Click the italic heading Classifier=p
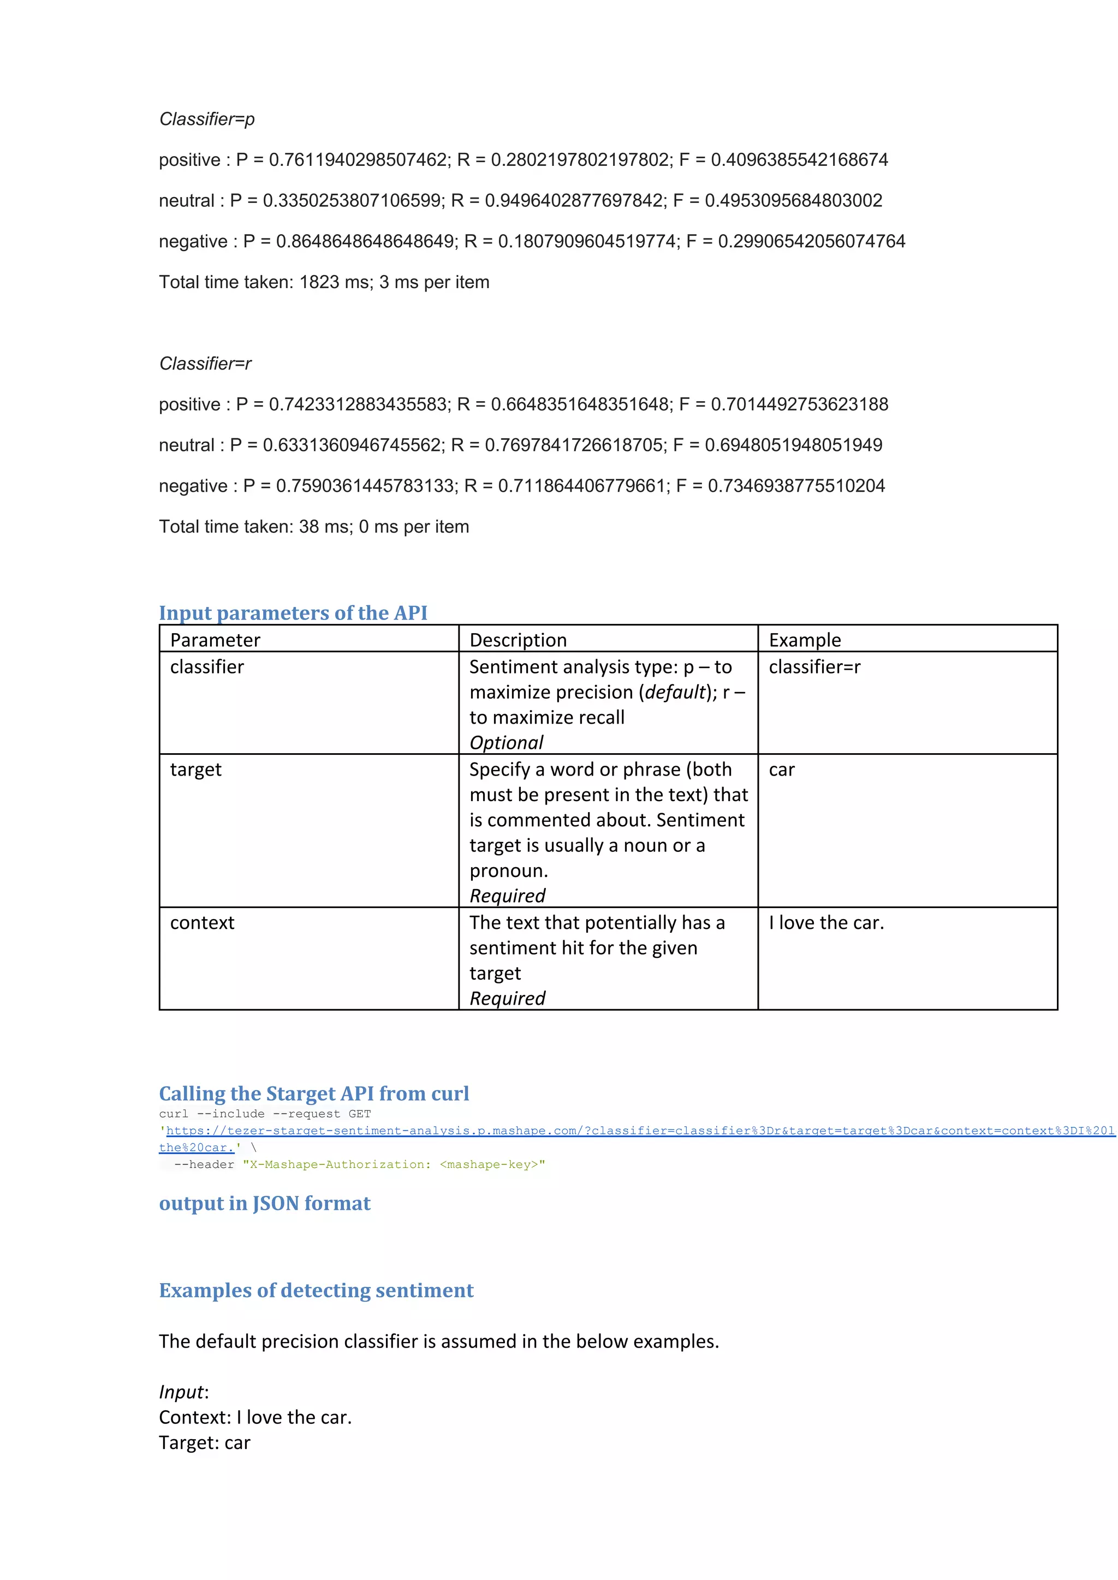(x=206, y=119)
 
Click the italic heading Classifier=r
(x=205, y=363)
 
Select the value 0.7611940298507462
(x=358, y=160)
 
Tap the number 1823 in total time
(x=319, y=282)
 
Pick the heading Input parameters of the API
(x=293, y=612)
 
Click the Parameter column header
(x=215, y=640)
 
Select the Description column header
(x=518, y=640)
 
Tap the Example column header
(x=805, y=640)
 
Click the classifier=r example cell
(x=814, y=667)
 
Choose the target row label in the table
(x=195, y=770)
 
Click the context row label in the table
(x=201, y=923)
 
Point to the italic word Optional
(x=506, y=742)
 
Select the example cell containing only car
(x=781, y=770)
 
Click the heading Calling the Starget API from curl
(x=314, y=1094)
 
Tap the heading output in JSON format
(x=264, y=1203)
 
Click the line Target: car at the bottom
(x=205, y=1442)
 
